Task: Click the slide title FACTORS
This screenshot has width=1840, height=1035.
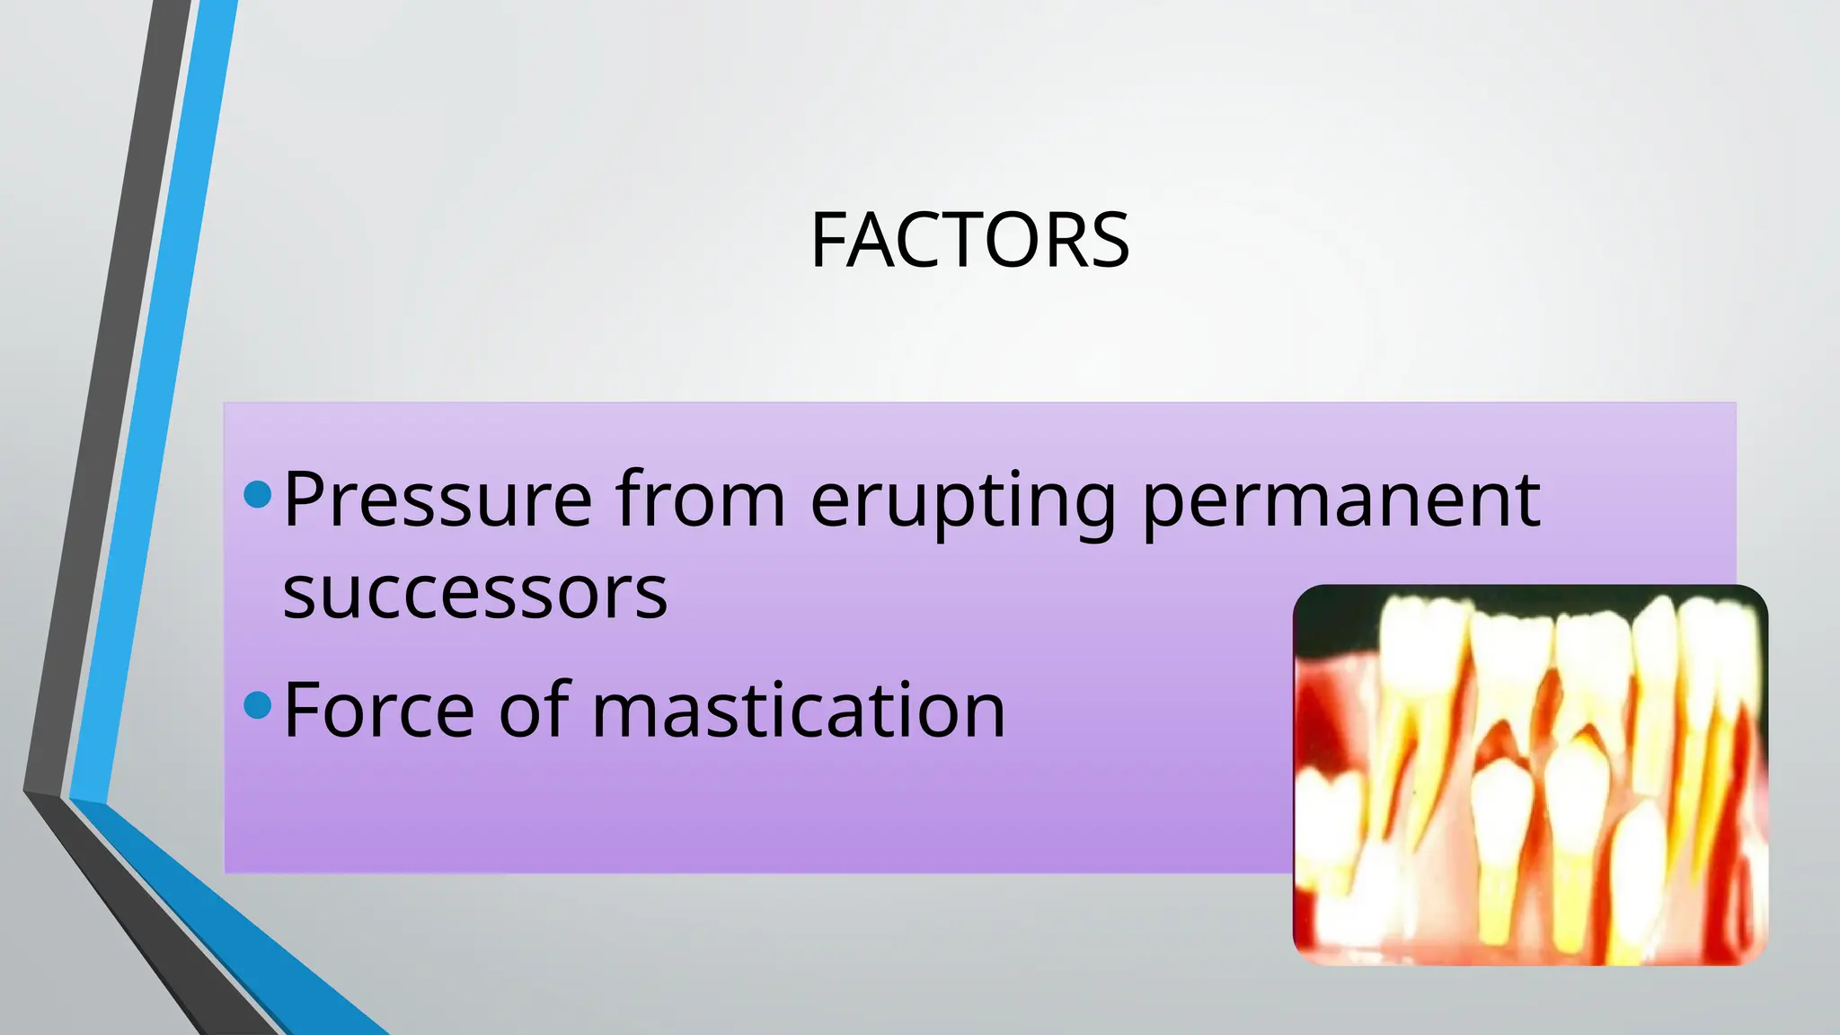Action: (x=969, y=240)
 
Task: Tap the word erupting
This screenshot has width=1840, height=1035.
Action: (x=963, y=501)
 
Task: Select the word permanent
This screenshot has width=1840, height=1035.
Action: (x=1341, y=501)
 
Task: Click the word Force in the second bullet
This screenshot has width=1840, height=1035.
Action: (x=378, y=710)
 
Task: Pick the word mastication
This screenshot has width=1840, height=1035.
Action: (x=799, y=710)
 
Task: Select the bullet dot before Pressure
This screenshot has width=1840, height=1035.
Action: (x=258, y=494)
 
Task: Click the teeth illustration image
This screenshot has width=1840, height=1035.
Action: (x=1530, y=774)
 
